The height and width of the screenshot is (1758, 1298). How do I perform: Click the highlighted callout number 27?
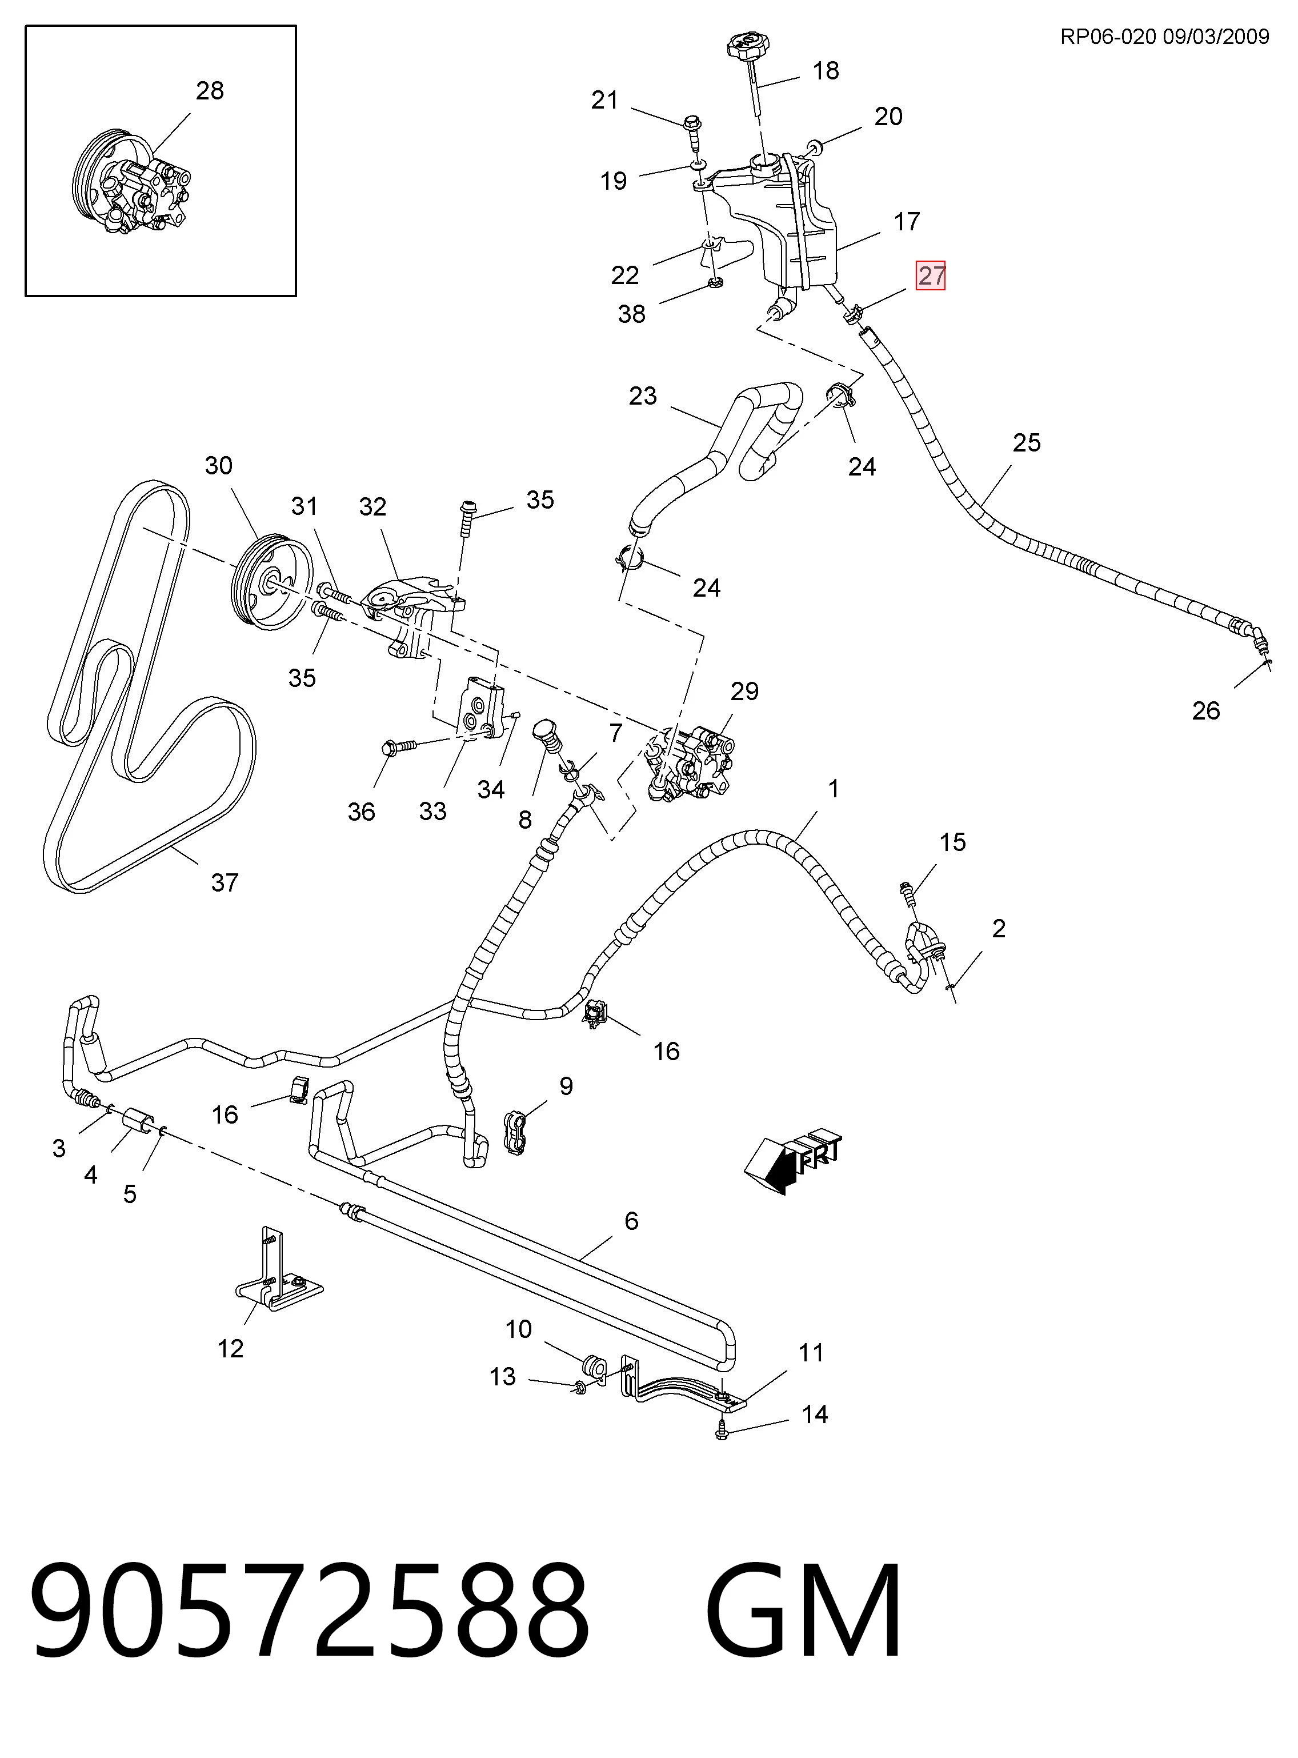(x=931, y=276)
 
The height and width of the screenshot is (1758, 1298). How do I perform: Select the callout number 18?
(x=826, y=71)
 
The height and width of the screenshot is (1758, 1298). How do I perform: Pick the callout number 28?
(x=210, y=91)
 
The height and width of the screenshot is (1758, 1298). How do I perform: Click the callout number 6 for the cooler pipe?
(x=631, y=1220)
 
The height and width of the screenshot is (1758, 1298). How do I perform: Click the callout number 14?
(x=815, y=1415)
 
